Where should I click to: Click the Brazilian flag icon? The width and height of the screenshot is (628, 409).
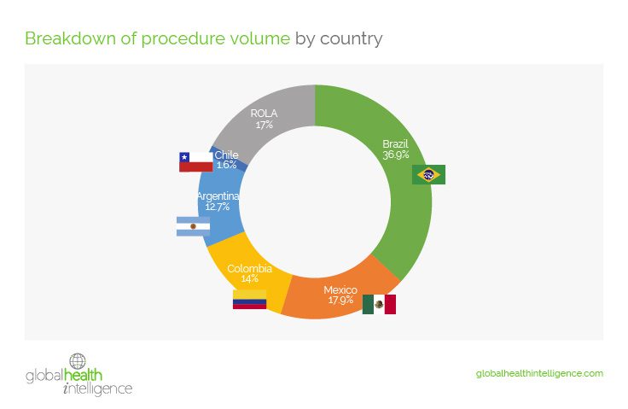pyautogui.click(x=428, y=174)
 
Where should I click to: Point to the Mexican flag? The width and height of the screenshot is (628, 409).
pyautogui.click(x=379, y=304)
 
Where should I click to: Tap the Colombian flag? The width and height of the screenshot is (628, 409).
pyautogui.click(x=249, y=300)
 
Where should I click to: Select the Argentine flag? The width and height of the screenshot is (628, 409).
pyautogui.click(x=193, y=226)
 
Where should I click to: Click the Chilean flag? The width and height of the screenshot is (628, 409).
pyautogui.click(x=196, y=162)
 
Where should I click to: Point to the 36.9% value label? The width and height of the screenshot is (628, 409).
pyautogui.click(x=396, y=155)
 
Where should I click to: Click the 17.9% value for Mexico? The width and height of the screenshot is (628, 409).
pyautogui.click(x=340, y=300)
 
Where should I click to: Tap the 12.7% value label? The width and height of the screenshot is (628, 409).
pyautogui.click(x=218, y=207)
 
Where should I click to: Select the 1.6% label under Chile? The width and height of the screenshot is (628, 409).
pyautogui.click(x=227, y=165)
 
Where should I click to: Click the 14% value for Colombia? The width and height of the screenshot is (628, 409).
pyautogui.click(x=249, y=278)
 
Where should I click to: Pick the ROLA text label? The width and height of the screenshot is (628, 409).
pyautogui.click(x=264, y=114)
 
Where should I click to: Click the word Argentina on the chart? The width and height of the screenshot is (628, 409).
pyautogui.click(x=218, y=196)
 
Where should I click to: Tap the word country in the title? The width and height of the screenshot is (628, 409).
pyautogui.click(x=352, y=39)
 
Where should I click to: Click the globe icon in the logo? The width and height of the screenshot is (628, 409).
pyautogui.click(x=78, y=361)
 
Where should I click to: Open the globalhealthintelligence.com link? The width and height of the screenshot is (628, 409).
pyautogui.click(x=539, y=374)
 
